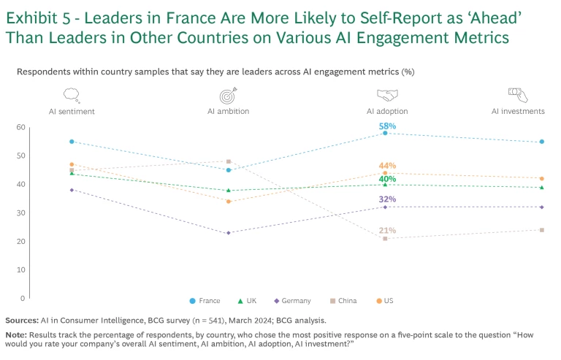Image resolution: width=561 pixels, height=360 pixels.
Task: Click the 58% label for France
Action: tap(387, 126)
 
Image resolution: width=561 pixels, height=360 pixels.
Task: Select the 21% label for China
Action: tap(387, 231)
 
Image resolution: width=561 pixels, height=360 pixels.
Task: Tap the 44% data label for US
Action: tap(387, 166)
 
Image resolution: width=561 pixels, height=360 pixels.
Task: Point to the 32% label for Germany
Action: tap(387, 199)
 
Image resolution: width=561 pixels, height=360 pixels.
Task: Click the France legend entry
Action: tap(205, 301)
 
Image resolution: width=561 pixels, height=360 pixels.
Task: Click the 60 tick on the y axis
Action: tap(21, 128)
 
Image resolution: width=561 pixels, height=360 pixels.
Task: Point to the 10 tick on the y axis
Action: tap(21, 270)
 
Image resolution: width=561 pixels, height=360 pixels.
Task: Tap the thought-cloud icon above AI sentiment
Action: tap(72, 95)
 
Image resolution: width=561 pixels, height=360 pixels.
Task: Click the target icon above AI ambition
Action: tap(229, 95)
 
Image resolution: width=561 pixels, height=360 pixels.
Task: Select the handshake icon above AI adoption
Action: tap(387, 95)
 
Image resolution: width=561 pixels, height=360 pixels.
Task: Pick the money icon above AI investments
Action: tap(517, 93)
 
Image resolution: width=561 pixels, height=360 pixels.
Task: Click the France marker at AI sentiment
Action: tap(72, 142)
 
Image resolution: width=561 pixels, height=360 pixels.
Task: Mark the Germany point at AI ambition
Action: tap(229, 233)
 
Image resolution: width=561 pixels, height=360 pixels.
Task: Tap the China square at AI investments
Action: tap(541, 230)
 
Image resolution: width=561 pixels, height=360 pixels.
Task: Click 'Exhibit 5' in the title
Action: tap(41, 18)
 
